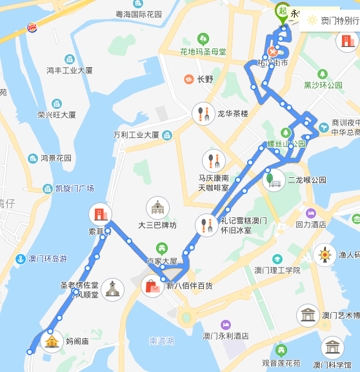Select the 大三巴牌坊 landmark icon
click(x=157, y=208)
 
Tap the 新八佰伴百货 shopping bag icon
click(x=152, y=286)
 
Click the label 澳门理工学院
click(x=277, y=270)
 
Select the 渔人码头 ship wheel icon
click(x=325, y=255)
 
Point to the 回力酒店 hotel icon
click(x=311, y=213)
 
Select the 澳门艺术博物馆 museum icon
click(x=308, y=315)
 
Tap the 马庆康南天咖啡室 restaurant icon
click(x=214, y=160)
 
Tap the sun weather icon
click(x=312, y=20)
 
